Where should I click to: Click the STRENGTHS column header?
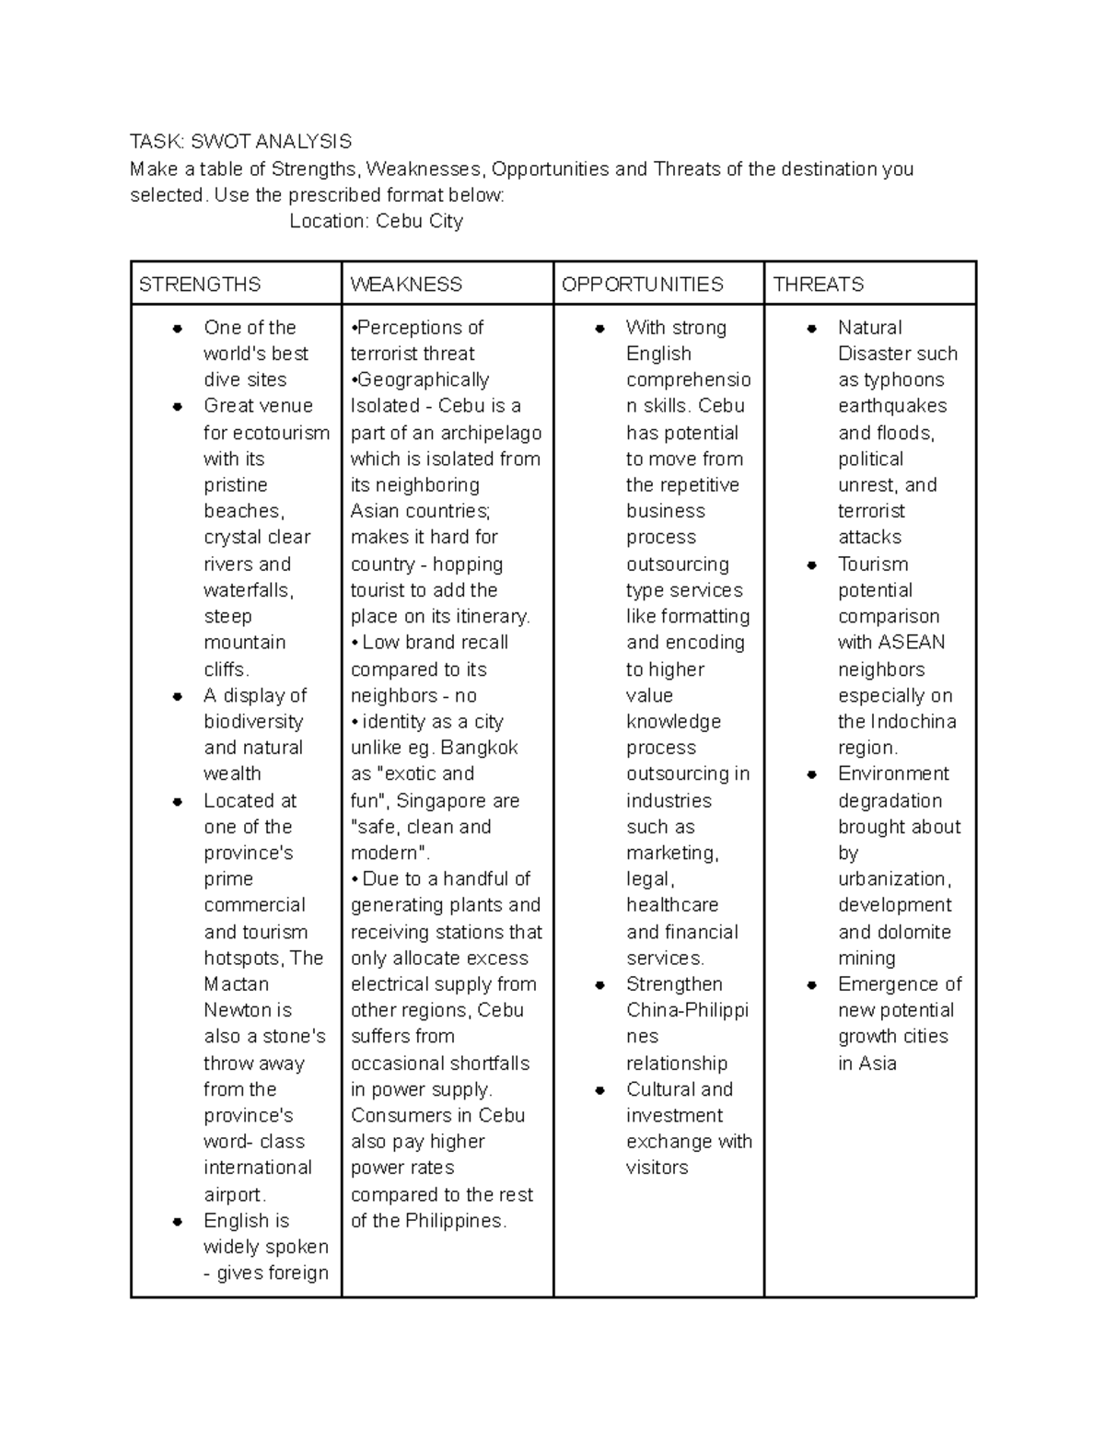coord(200,285)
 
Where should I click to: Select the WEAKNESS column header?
coord(406,285)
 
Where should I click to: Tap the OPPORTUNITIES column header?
coord(643,285)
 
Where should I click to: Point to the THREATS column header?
coord(819,285)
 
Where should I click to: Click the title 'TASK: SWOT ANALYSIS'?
coord(240,141)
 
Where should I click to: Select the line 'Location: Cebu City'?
coord(376,221)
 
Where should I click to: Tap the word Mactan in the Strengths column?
coord(237,984)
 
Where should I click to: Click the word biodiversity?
coord(253,722)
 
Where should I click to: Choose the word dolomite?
coord(913,932)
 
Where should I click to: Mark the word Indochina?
coord(913,722)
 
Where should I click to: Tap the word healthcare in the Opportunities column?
coord(672,905)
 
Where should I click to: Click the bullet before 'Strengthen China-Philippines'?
coord(599,985)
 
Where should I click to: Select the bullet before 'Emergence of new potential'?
coord(811,985)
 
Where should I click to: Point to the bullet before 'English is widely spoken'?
coord(177,1222)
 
